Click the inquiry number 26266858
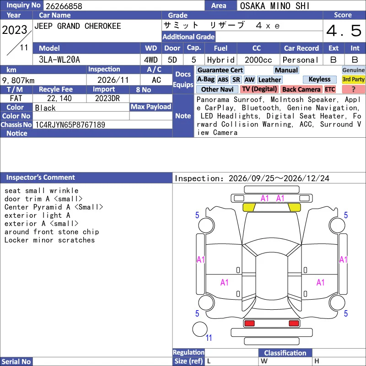click(x=64, y=6)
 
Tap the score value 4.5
click(x=344, y=31)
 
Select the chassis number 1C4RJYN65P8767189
click(x=70, y=125)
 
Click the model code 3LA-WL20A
click(x=59, y=60)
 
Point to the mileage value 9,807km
click(x=18, y=81)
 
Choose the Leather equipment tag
click(x=269, y=80)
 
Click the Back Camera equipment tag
click(x=301, y=89)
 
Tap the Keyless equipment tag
click(x=319, y=79)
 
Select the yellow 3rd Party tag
click(x=353, y=79)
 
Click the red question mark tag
click(x=353, y=89)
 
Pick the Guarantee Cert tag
click(x=220, y=70)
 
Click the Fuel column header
click(x=221, y=48)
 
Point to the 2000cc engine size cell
click(x=258, y=60)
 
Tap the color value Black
click(x=45, y=108)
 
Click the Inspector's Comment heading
click(x=40, y=178)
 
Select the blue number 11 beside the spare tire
click(x=209, y=338)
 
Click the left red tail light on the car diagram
click(x=249, y=323)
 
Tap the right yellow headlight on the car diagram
click(x=294, y=207)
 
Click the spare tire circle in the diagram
click(x=200, y=329)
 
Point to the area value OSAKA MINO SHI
click(x=275, y=6)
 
